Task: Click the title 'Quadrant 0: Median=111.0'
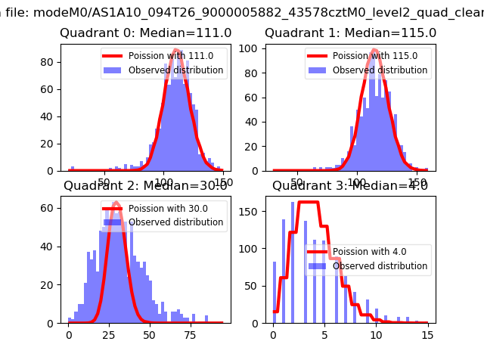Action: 146,33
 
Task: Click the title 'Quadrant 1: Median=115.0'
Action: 350,33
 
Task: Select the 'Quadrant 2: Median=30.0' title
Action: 146,186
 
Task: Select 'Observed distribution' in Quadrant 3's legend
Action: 380,266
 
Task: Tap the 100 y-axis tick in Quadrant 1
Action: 251,48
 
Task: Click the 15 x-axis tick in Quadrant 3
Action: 427,334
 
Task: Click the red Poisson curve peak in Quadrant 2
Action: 116,203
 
